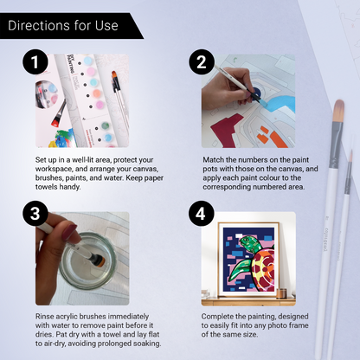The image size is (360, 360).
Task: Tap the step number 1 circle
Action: tap(35, 61)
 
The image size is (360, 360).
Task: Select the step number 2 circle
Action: tap(202, 61)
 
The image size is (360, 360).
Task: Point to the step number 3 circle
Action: tap(35, 214)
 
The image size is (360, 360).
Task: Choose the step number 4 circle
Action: tap(202, 214)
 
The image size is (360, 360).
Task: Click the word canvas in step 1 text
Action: tap(145, 169)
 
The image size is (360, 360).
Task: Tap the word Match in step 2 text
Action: tap(212, 160)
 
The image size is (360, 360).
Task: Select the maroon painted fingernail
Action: tap(69, 232)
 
